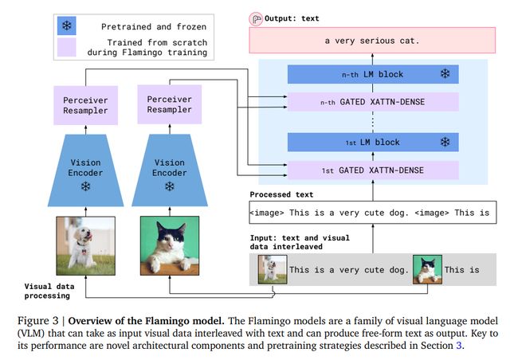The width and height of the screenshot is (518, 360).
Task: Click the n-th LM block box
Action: [x=373, y=74]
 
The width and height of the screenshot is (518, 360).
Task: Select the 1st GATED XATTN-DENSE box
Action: [x=373, y=170]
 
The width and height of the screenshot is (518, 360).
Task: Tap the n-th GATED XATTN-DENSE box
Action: [x=373, y=102]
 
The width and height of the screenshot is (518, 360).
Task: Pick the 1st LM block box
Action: [x=373, y=143]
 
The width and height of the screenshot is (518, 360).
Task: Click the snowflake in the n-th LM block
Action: [x=445, y=73]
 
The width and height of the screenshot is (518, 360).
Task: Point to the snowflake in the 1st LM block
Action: [x=445, y=142]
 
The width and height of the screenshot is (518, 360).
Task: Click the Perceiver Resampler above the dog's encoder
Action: [x=85, y=105]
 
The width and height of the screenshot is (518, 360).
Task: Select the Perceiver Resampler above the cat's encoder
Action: [x=170, y=104]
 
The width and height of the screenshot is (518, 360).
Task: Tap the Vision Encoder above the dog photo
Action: [x=85, y=170]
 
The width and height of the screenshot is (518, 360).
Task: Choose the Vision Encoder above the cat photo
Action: [x=170, y=170]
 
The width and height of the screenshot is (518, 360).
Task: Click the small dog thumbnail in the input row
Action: [x=273, y=269]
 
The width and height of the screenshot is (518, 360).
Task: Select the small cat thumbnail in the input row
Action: [x=427, y=269]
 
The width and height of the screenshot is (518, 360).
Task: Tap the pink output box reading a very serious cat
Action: [x=372, y=41]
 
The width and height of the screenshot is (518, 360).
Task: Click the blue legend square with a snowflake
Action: [x=66, y=25]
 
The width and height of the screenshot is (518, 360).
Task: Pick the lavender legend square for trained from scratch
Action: [x=66, y=47]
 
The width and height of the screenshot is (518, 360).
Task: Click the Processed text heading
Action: [x=281, y=194]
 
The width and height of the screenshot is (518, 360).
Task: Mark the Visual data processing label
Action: [x=49, y=291]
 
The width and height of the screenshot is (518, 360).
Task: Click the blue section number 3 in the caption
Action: [x=458, y=346]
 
